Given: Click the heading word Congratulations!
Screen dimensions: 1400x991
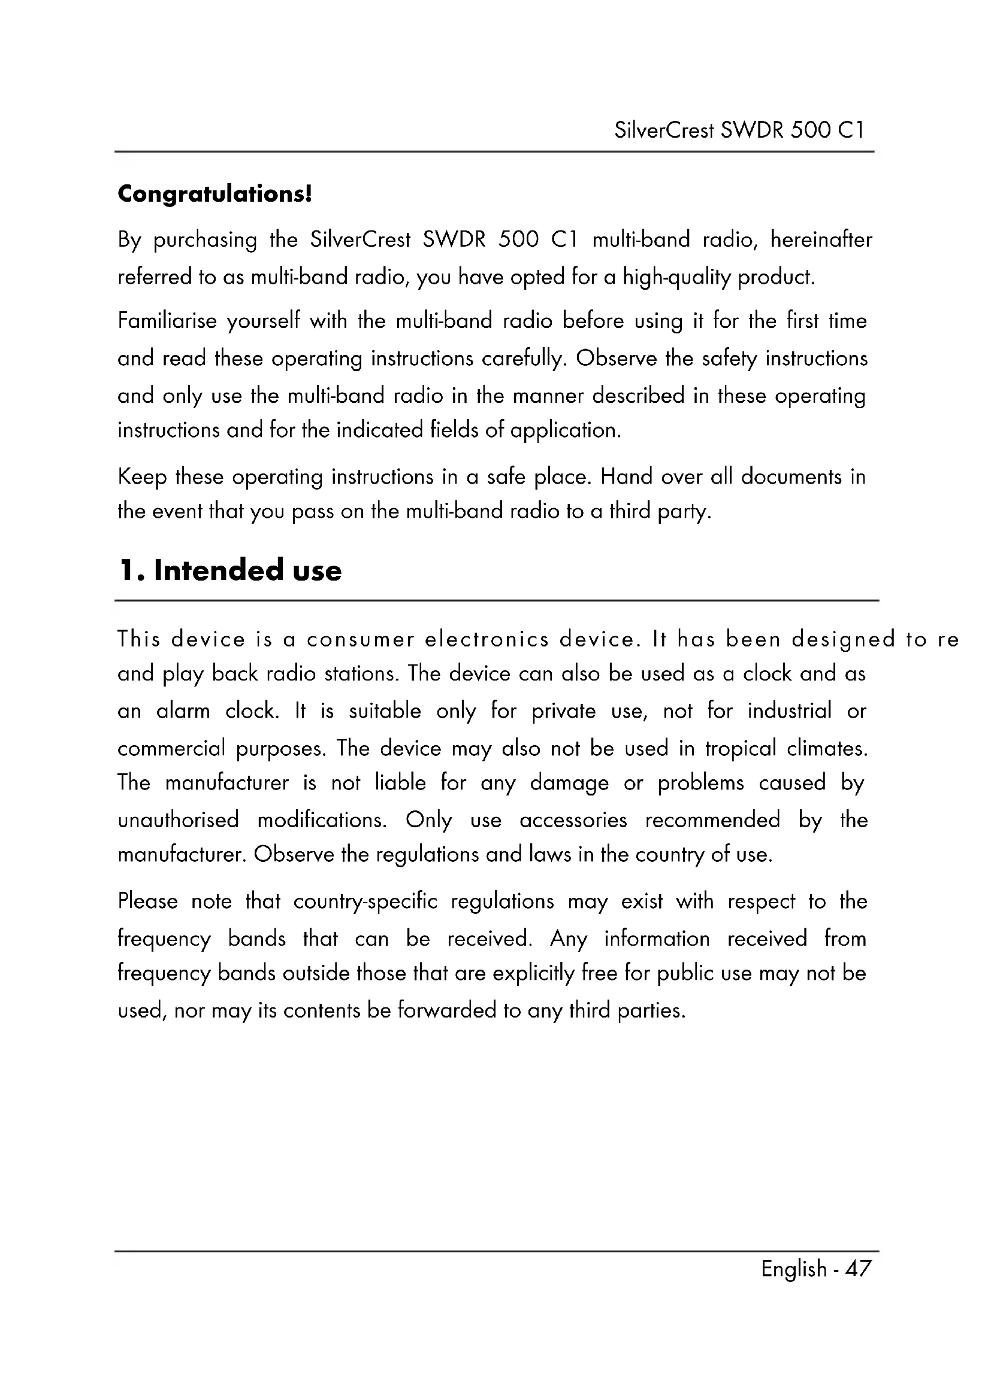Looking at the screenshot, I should pyautogui.click(x=215, y=194).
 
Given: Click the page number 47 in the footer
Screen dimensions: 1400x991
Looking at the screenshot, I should pyautogui.click(x=858, y=1269).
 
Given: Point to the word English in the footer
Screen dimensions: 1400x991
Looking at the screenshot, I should pyautogui.click(x=793, y=1269).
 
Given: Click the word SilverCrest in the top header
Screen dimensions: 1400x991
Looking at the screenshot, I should pyautogui.click(x=663, y=130).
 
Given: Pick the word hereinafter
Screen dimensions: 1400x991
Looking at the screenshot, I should pyautogui.click(x=821, y=239).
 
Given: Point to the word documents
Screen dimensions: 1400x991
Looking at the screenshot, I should pyautogui.click(x=791, y=476).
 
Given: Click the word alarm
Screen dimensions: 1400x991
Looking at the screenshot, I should pyautogui.click(x=183, y=711).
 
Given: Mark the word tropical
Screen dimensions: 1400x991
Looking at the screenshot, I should pyautogui.click(x=741, y=748).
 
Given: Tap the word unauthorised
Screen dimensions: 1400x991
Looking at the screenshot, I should pyautogui.click(x=178, y=820).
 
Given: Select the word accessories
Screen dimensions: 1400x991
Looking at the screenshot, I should pyautogui.click(x=573, y=820).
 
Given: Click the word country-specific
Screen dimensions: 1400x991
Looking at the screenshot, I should pyautogui.click(x=365, y=902).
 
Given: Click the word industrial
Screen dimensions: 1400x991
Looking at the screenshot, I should pyautogui.click(x=789, y=711).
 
